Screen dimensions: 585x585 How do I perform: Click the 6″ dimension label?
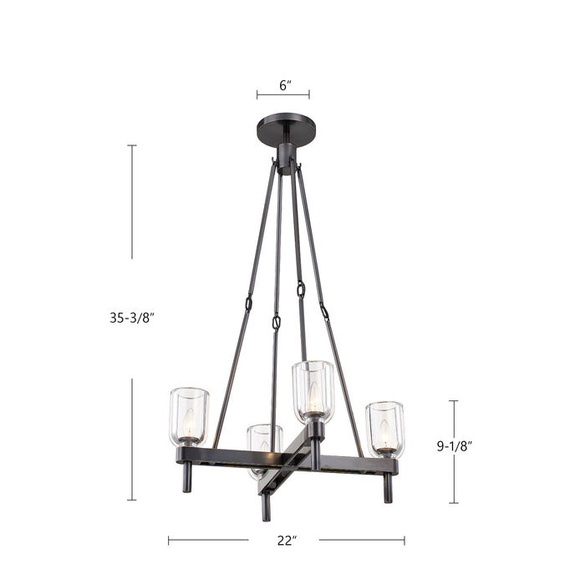pos(284,85)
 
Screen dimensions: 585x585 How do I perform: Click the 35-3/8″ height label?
pos(132,318)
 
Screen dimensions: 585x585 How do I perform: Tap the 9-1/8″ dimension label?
pos(455,446)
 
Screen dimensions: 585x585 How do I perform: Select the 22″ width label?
pos(287,541)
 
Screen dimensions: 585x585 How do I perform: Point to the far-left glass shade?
pos(189,415)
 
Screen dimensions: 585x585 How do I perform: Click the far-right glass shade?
pos(384,428)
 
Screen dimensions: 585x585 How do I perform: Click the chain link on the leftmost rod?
pos(248,303)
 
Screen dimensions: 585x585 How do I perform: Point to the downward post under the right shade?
pos(388,488)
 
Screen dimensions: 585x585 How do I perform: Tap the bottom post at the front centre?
pos(266,506)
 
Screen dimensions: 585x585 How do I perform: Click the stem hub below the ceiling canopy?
pos(286,158)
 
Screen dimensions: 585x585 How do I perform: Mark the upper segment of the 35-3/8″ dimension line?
pos(132,201)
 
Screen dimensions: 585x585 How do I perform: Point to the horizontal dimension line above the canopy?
pos(284,94)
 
